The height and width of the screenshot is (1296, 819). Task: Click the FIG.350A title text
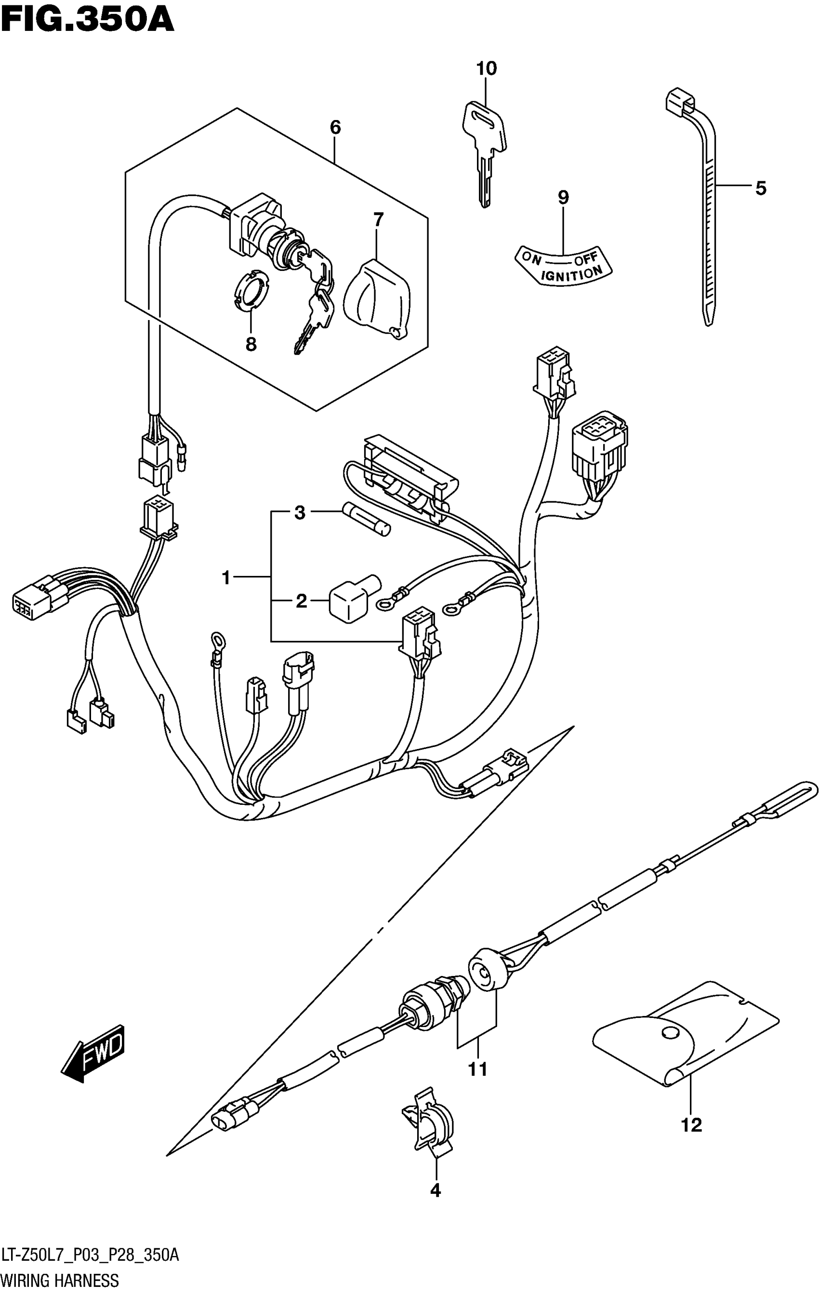(x=87, y=20)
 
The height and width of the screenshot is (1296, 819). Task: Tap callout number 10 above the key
(x=486, y=69)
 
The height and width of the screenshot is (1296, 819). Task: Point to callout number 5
(x=760, y=188)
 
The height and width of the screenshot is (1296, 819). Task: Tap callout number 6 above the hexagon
(x=335, y=128)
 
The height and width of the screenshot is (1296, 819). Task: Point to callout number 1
(x=226, y=578)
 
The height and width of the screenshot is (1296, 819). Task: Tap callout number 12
(x=691, y=1125)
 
